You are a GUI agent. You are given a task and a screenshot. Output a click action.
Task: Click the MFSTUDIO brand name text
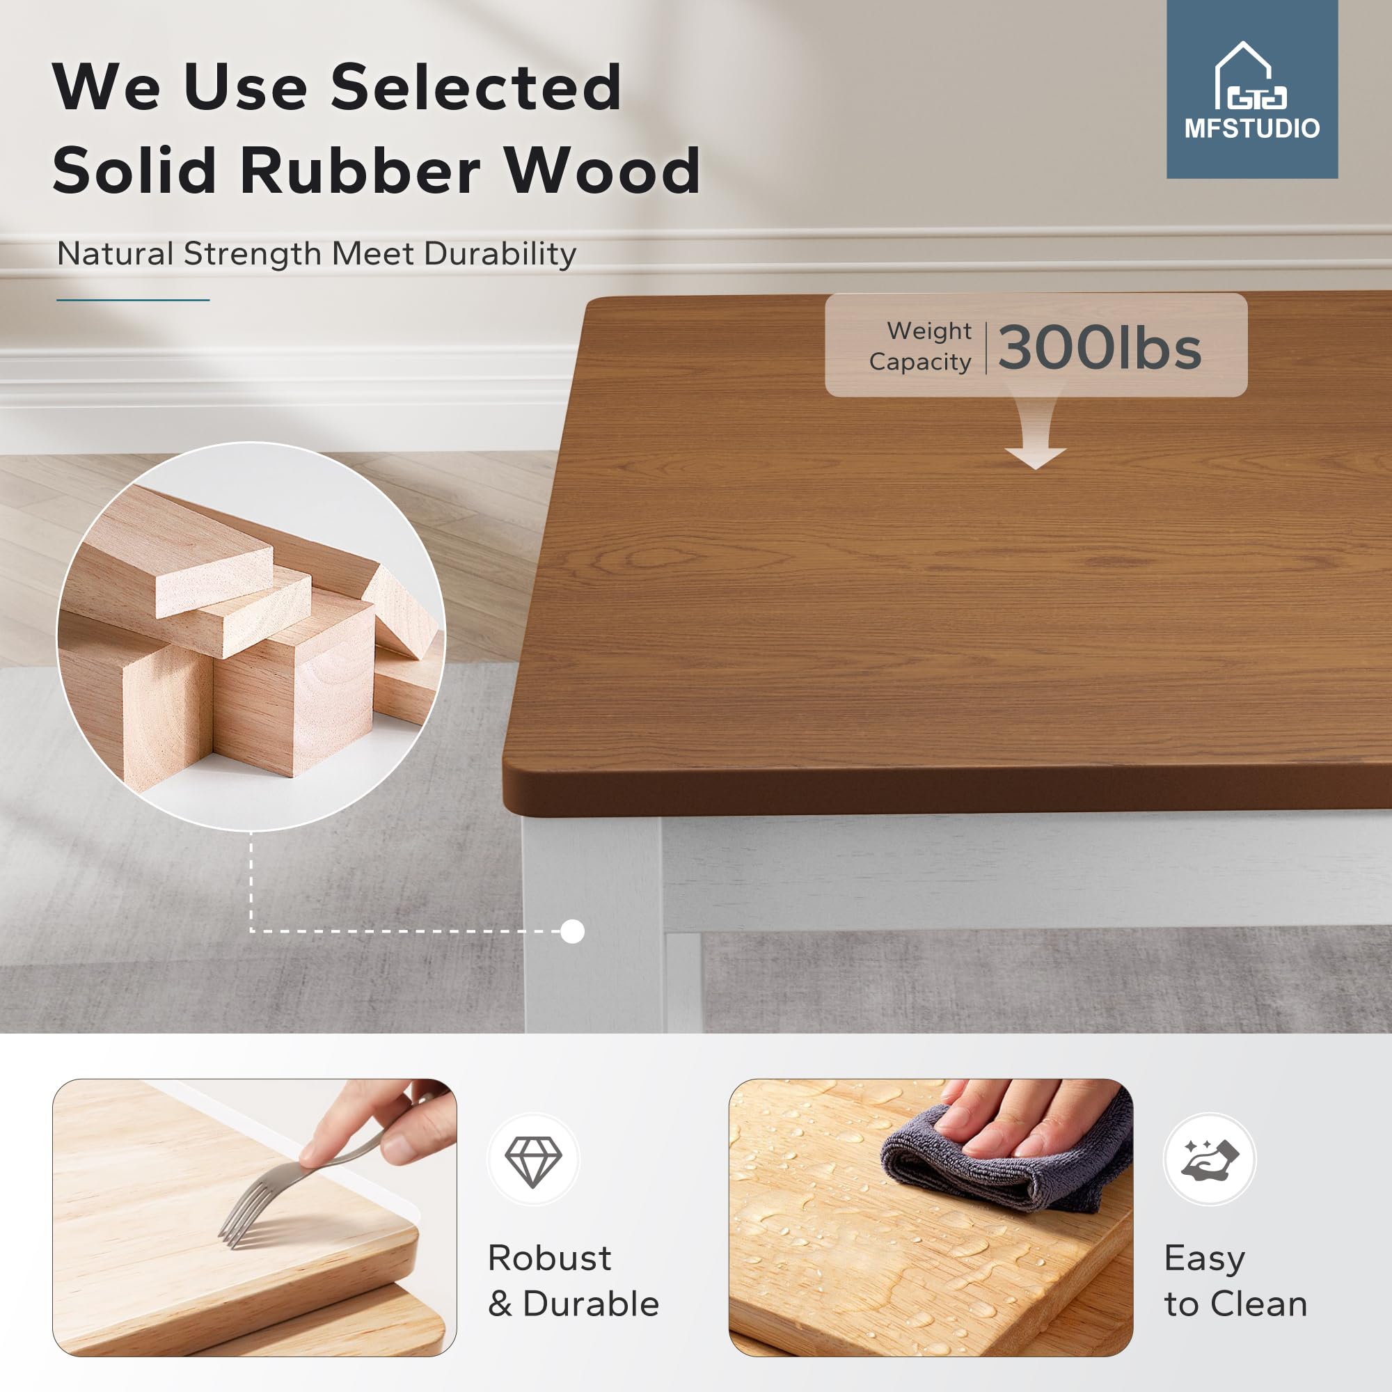pos(1252,128)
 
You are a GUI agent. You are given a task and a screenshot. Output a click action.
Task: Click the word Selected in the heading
pos(475,87)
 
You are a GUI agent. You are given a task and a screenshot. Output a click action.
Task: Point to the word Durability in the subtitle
pos(500,253)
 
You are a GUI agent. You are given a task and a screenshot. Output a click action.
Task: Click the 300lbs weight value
pos(1100,347)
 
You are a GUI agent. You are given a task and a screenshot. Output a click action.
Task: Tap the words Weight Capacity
pos(921,346)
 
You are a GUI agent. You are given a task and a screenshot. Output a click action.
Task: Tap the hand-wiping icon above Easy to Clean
pos(1210,1160)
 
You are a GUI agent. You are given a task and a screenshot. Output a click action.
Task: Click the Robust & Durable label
pos(573,1281)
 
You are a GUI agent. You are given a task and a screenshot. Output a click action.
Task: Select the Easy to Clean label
pos(1235,1281)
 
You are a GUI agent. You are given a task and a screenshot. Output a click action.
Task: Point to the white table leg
pos(592,926)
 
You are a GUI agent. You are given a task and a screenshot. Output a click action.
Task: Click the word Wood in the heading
pos(602,171)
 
